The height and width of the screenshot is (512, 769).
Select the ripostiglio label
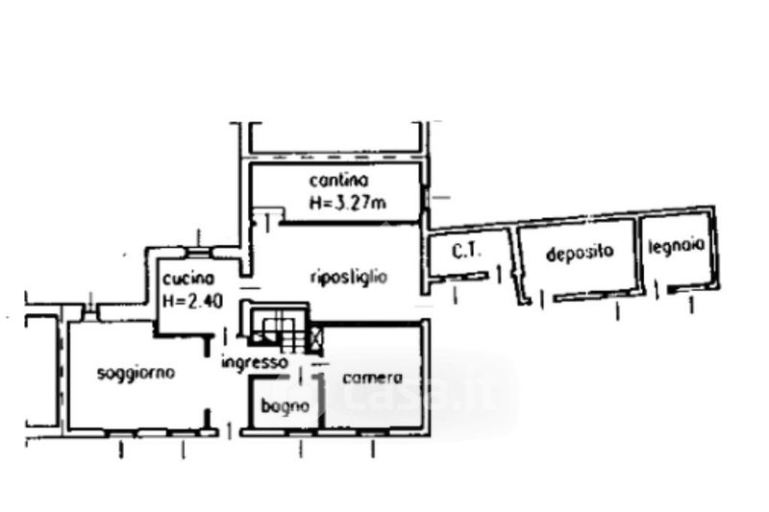(x=348, y=278)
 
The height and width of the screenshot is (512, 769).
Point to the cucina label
(x=181, y=278)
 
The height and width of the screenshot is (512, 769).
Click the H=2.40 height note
(x=192, y=300)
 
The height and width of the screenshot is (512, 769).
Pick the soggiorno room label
(x=136, y=373)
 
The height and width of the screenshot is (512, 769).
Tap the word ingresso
(x=254, y=362)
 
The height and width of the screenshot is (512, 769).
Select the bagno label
(x=285, y=406)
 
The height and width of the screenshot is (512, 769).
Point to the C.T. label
(x=466, y=252)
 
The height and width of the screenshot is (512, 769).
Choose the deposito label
(x=579, y=254)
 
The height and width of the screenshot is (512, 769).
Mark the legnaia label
(x=678, y=245)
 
